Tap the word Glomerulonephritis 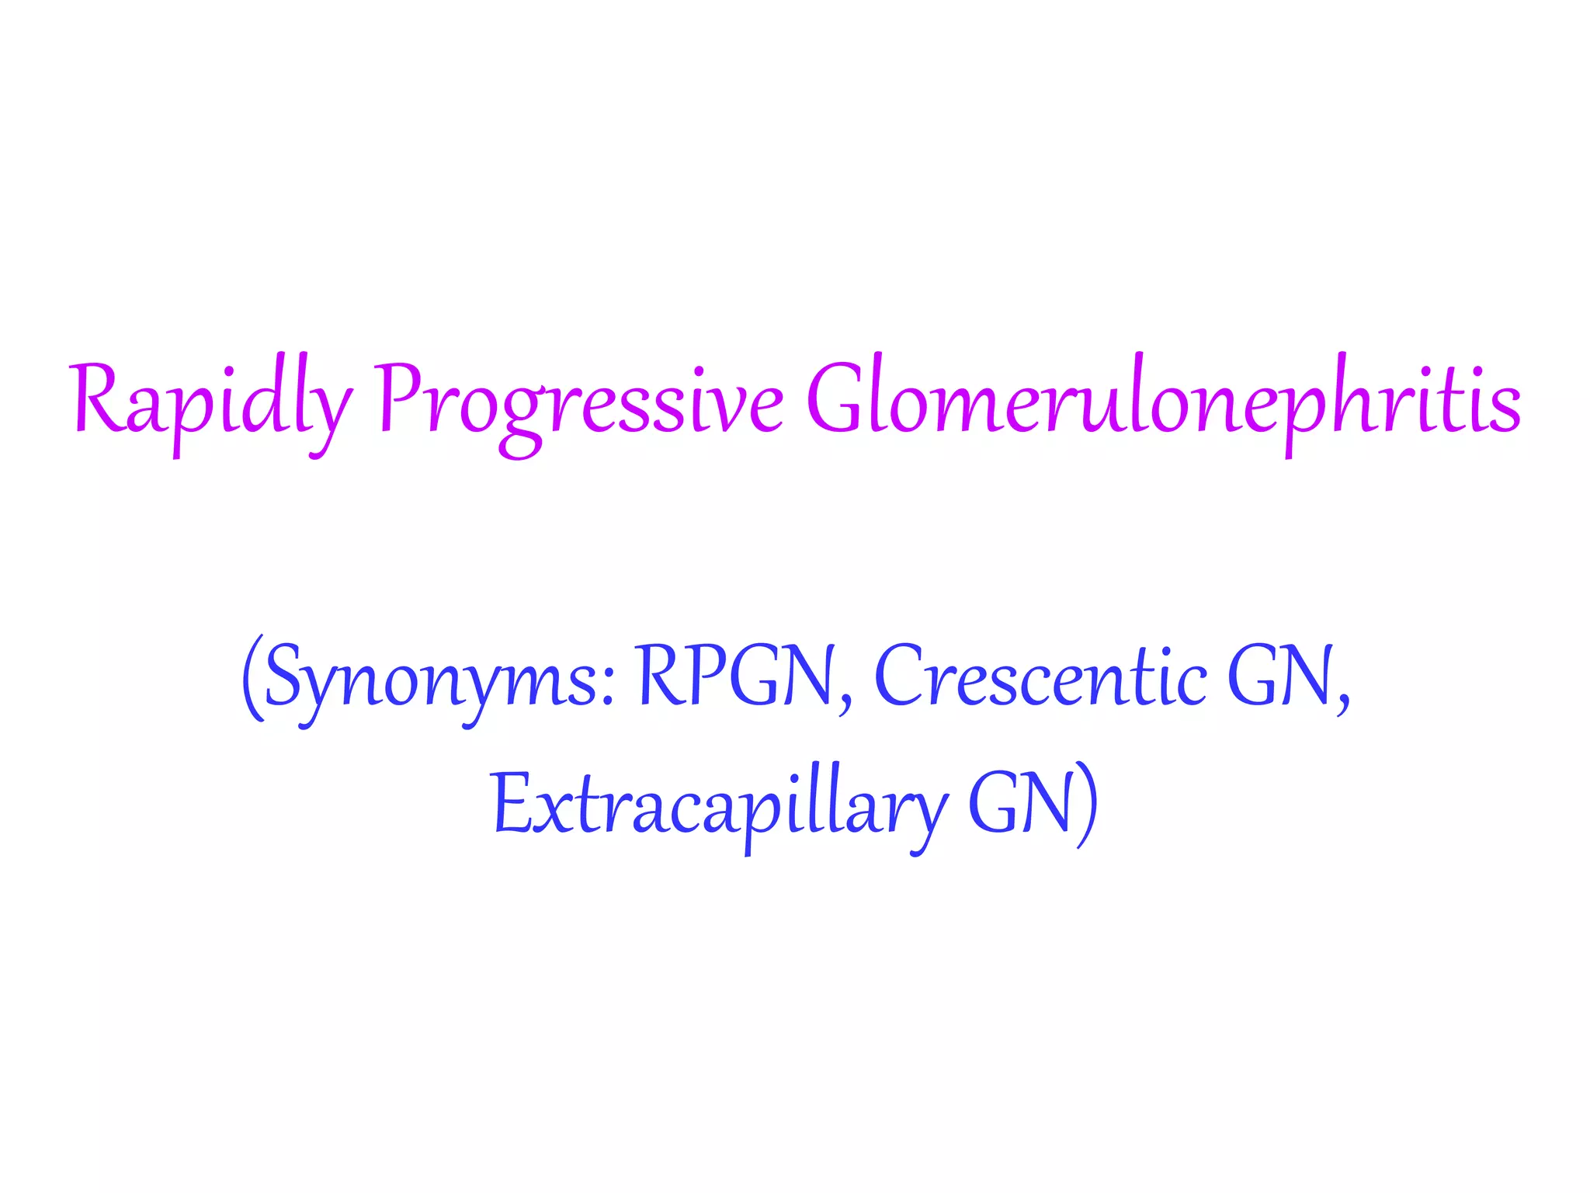pos(1163,400)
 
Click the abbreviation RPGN pos(734,676)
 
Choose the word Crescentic pos(1041,676)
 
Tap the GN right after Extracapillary pos(1021,804)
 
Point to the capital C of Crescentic pos(900,676)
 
